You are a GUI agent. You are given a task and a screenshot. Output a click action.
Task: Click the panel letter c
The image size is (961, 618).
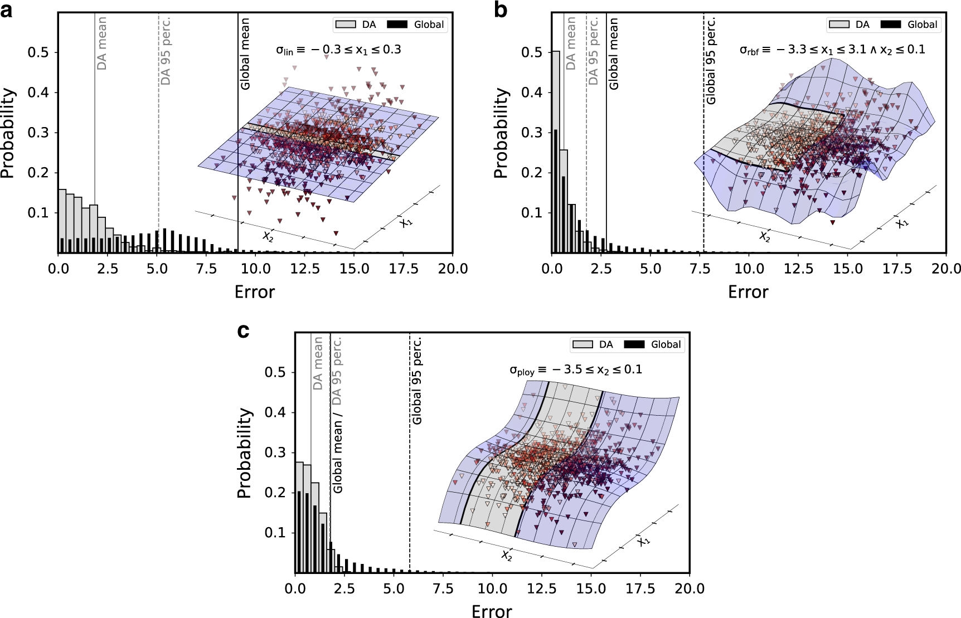(x=243, y=330)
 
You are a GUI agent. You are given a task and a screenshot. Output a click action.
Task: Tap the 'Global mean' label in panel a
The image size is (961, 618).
(x=245, y=53)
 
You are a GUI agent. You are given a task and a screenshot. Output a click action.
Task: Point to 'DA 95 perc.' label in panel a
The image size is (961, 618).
(x=166, y=51)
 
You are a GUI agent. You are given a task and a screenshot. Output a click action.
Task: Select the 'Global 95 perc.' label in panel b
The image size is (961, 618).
(x=711, y=60)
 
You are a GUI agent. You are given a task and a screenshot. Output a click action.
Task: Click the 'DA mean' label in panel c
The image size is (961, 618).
(x=318, y=363)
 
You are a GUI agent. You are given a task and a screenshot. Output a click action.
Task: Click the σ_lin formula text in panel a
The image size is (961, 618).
(x=338, y=50)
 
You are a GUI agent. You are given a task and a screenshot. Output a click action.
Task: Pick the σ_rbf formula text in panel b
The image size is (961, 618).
(x=832, y=50)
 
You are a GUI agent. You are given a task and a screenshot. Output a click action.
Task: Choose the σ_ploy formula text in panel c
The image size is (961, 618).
(x=575, y=370)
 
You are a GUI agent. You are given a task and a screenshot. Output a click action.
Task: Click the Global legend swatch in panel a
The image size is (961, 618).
(x=397, y=25)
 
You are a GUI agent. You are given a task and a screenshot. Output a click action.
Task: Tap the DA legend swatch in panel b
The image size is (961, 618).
(x=839, y=25)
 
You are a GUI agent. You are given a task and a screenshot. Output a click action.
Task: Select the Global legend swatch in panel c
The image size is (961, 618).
(x=634, y=344)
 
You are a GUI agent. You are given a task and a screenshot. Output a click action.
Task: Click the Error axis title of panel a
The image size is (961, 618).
(x=255, y=292)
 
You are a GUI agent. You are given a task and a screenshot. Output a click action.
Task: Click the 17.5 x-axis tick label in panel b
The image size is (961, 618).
(x=897, y=269)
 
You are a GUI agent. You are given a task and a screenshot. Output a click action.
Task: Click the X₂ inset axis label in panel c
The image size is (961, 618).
(x=506, y=555)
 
